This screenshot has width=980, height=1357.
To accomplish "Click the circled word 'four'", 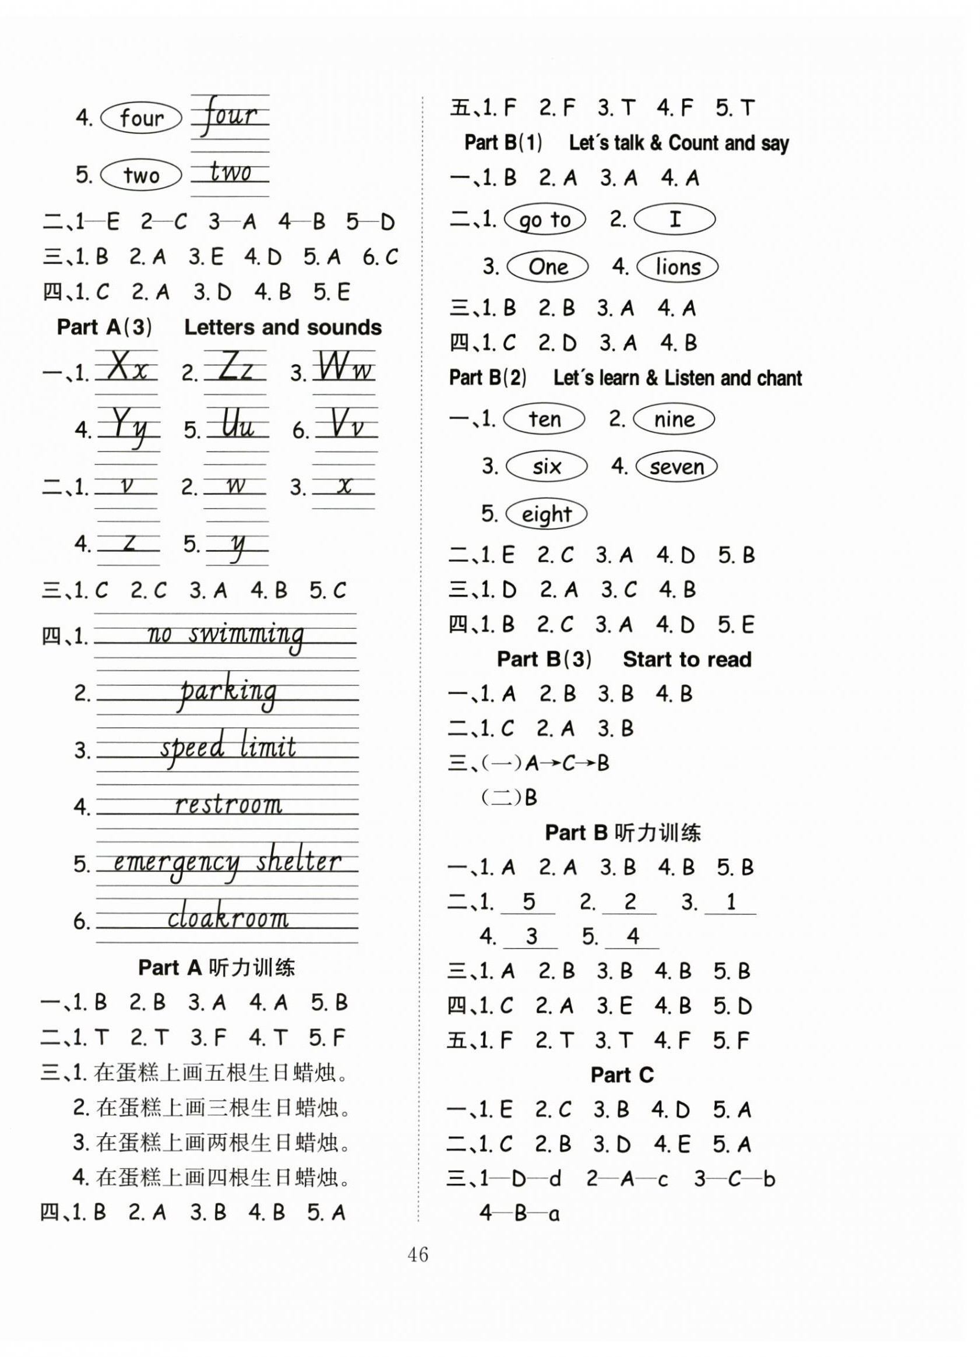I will click(141, 118).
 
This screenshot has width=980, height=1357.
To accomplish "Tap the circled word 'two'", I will click(141, 175).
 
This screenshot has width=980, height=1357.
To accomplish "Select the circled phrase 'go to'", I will click(545, 220).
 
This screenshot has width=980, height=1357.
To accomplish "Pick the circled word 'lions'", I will click(677, 267).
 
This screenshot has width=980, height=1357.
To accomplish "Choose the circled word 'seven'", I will click(676, 467).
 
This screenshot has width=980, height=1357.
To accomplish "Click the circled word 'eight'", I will click(545, 514).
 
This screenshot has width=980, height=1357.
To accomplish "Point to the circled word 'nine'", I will click(674, 420).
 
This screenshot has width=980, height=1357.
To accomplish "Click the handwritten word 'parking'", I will click(228, 692).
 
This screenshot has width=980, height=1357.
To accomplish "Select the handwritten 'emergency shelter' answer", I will click(227, 863).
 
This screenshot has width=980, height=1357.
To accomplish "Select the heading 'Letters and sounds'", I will click(283, 327).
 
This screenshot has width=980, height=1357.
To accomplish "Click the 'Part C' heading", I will click(622, 1075).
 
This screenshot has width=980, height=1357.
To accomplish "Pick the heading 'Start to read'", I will click(687, 660).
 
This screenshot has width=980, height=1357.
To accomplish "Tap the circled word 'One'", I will click(548, 267).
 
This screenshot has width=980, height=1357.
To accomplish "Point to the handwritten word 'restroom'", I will click(228, 805).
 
